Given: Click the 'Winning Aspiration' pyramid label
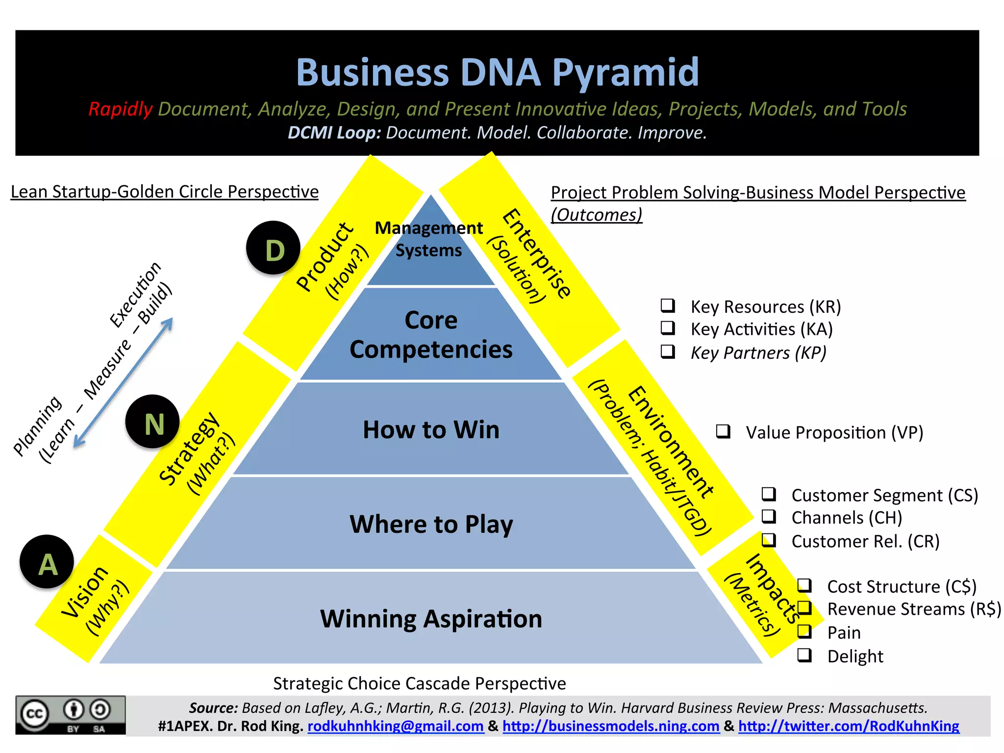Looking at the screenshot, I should [431, 619].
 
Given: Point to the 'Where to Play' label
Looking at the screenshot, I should [431, 524].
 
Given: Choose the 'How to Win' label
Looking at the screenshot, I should [431, 429].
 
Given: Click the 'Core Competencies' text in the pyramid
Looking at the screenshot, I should [431, 335].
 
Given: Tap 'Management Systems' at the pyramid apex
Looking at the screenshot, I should [429, 239].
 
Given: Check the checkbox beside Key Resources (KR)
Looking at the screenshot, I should [668, 305].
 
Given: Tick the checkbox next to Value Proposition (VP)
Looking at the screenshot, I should [723, 431].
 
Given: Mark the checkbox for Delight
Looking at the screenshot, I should [804, 655].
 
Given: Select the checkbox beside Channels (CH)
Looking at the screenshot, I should [769, 516].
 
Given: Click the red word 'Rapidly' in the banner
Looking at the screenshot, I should [121, 109].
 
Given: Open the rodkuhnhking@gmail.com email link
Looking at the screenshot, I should [395, 726].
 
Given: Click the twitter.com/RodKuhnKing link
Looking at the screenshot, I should [849, 726].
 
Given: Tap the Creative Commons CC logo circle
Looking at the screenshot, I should [34, 714].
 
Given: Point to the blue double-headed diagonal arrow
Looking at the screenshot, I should [123, 383].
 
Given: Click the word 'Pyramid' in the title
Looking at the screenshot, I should [626, 73].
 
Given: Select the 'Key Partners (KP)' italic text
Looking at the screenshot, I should [758, 352].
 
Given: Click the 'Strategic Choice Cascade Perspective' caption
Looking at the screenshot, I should [419, 683].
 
